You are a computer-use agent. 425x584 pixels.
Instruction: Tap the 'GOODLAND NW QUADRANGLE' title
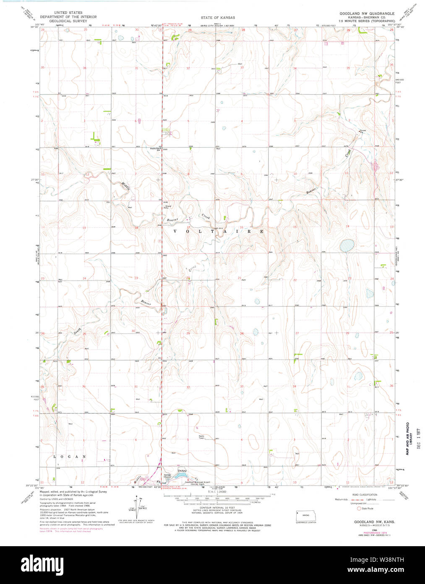click(367, 13)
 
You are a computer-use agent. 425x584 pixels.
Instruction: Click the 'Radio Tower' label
click(201, 437)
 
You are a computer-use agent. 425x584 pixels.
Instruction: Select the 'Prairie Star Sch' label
click(156, 149)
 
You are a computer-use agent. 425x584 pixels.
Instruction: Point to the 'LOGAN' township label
click(70, 456)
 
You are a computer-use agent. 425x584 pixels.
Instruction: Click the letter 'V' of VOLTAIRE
click(175, 231)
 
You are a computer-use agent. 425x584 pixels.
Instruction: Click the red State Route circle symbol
click(358, 508)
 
